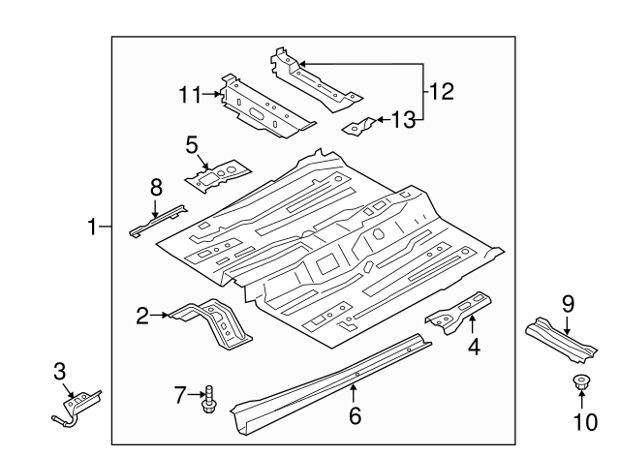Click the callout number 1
tap(92, 228)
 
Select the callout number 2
tap(142, 314)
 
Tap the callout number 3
tap(59, 370)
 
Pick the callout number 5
tap(192, 144)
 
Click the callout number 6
tap(355, 416)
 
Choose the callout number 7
tap(178, 393)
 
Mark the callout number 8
tap(155, 188)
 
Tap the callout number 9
tap(568, 303)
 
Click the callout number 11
tap(188, 94)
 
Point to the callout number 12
tap(441, 92)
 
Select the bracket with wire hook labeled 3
tap(76, 406)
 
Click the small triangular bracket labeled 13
tap(360, 125)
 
